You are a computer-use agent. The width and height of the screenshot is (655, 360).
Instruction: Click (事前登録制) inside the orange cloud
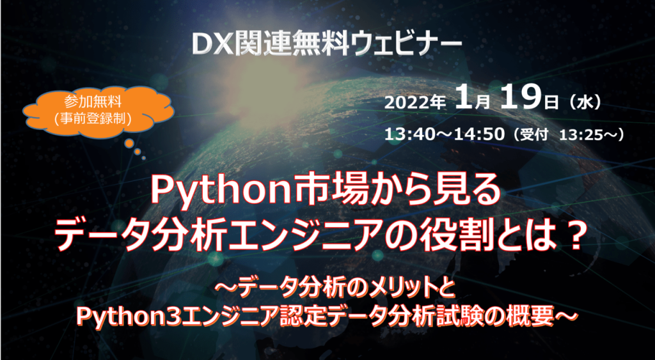click(x=99, y=118)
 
